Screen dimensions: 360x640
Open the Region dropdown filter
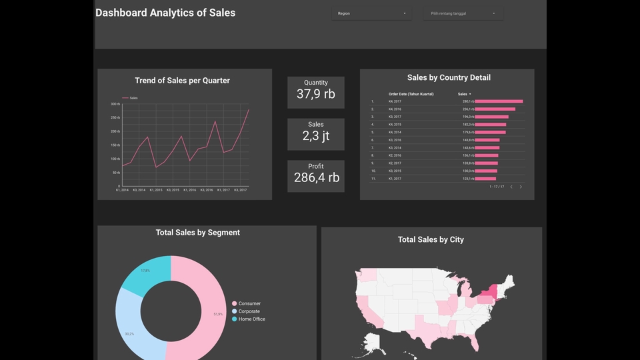tap(371, 13)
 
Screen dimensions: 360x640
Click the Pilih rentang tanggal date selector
tap(463, 13)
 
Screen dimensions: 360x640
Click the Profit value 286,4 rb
tap(316, 177)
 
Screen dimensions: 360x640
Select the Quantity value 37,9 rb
tap(316, 94)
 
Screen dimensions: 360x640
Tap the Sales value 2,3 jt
tap(316, 136)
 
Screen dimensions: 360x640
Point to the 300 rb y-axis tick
tap(115, 104)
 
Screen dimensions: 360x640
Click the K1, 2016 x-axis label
tap(190, 190)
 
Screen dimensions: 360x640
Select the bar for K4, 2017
tap(499, 101)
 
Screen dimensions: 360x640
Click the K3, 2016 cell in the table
tap(395, 140)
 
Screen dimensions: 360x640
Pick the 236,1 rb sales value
tap(467, 109)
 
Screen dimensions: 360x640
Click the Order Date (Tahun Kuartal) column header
tap(411, 94)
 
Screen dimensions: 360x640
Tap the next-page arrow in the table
tap(521, 187)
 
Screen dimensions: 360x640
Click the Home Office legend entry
tap(251, 319)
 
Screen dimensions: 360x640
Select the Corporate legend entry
tap(249, 311)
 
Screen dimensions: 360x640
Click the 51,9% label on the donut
tap(218, 314)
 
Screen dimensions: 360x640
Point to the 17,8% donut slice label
tap(145, 271)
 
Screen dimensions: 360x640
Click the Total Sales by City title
tap(431, 239)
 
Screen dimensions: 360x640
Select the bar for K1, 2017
tap(485, 179)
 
